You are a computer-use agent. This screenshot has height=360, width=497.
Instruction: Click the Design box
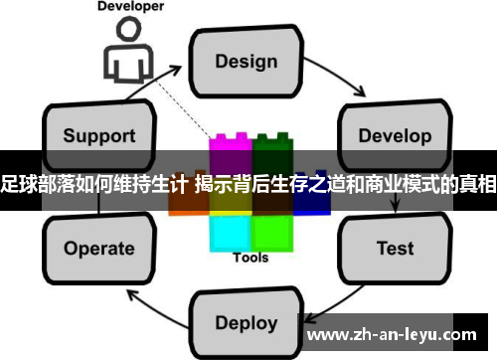pyautogui.click(x=247, y=61)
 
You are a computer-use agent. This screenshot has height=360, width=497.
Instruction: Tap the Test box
pyautogui.click(x=395, y=247)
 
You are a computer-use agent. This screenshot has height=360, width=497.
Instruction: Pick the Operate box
pyautogui.click(x=98, y=249)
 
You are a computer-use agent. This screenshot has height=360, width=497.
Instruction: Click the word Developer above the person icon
pyautogui.click(x=130, y=6)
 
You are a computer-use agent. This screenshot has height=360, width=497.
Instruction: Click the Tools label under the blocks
pyautogui.click(x=249, y=259)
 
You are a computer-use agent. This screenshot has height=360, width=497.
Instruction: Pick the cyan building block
pyautogui.click(x=230, y=232)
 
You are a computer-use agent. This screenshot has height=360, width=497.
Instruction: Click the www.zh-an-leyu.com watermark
pyautogui.click(x=397, y=334)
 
